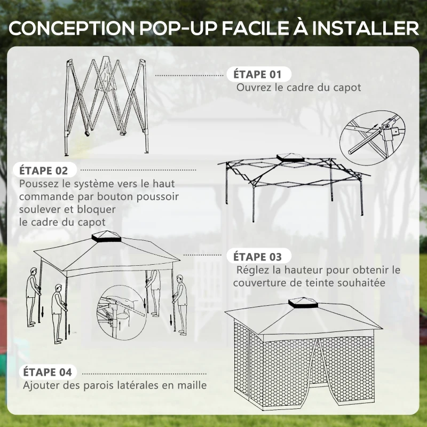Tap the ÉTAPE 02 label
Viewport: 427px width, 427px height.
(44, 171)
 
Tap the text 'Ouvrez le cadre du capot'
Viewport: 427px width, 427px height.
(299, 87)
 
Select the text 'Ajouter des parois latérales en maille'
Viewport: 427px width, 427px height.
(115, 385)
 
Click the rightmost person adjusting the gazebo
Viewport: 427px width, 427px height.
(181, 304)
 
